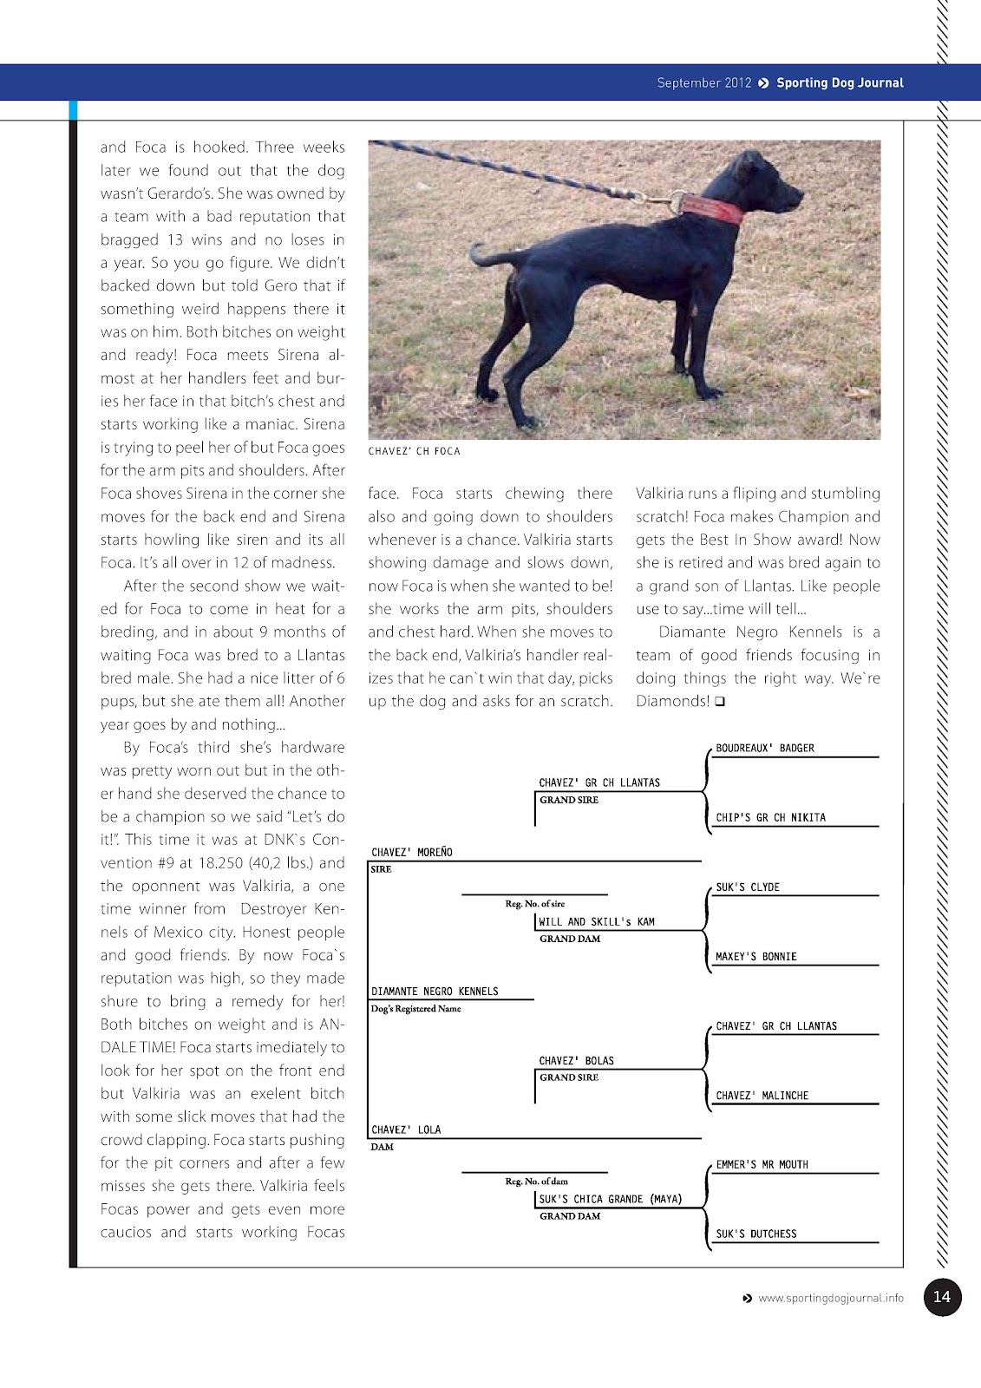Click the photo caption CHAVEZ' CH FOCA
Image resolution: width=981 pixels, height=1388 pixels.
[x=414, y=451]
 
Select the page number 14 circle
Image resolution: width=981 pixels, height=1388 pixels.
[x=942, y=1297]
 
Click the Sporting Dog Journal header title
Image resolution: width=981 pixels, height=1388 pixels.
[x=839, y=83]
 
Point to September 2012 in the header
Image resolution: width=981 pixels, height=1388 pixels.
[x=703, y=83]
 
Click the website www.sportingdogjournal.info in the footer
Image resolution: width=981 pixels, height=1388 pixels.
[x=830, y=1299]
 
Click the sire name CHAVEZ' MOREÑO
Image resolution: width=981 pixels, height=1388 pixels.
[x=412, y=852]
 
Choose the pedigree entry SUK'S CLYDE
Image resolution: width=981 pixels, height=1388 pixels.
[x=747, y=887]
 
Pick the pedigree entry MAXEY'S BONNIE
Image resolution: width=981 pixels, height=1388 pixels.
[x=755, y=956]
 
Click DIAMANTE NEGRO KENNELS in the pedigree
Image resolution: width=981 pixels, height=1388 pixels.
[x=435, y=991]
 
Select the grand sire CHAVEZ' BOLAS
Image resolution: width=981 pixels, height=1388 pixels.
[x=576, y=1060]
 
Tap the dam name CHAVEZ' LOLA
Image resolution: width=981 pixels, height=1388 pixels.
[x=406, y=1129]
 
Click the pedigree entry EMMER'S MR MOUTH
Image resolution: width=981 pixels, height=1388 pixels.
[x=762, y=1164]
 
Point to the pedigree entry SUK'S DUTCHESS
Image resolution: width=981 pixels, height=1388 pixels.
[x=755, y=1234]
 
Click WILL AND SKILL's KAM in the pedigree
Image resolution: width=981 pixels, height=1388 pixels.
[x=597, y=921]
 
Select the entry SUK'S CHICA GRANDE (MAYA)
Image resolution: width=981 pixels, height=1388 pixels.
[x=610, y=1199]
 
